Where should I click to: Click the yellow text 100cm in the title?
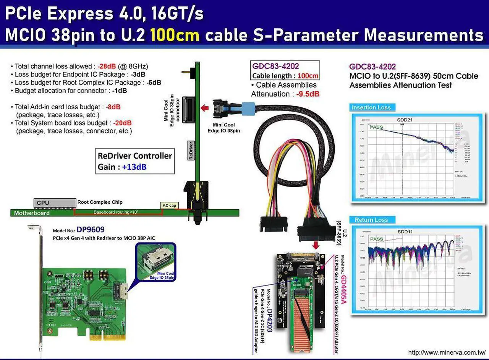coord(175,35)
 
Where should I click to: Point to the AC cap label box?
coord(169,206)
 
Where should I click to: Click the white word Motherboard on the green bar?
coord(32,213)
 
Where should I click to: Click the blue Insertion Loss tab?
coord(371,107)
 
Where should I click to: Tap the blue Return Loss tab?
coord(371,220)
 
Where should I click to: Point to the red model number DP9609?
coord(91,230)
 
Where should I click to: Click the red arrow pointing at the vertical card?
coord(205,108)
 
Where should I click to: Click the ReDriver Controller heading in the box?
coord(135,156)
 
